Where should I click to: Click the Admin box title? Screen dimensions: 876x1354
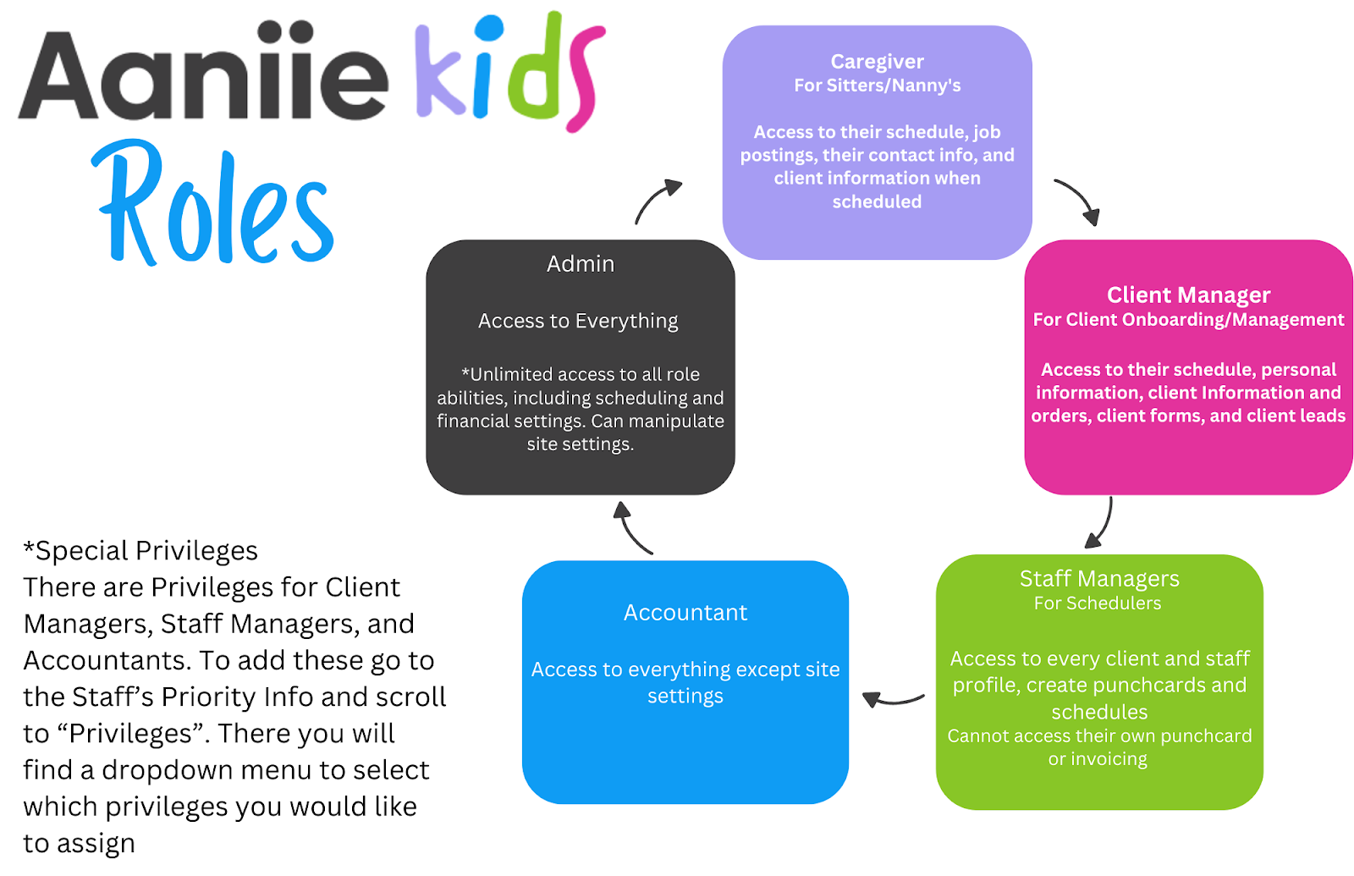581,264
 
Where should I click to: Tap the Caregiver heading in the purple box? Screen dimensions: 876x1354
877,62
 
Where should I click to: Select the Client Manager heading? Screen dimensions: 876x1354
1188,295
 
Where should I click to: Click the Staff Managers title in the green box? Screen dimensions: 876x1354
1099,579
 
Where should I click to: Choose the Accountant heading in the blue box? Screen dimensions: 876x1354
685,613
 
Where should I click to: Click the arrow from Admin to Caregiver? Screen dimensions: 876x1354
657,200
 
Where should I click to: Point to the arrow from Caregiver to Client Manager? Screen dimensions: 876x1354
1078,201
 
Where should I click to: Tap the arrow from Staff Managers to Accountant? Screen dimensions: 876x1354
892,699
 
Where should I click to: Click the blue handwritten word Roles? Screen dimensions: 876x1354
216,207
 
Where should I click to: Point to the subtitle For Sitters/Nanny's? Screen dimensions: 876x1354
877,85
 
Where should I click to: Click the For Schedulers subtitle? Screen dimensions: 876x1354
1098,603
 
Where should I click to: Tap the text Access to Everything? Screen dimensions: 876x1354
578,322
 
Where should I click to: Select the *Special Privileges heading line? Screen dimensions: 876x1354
140,551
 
